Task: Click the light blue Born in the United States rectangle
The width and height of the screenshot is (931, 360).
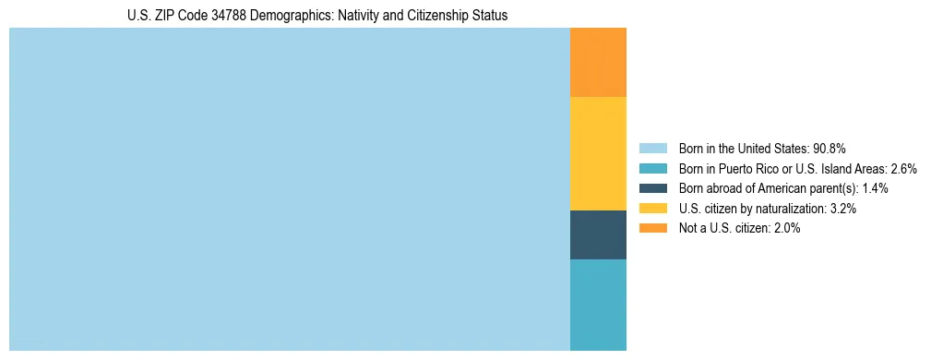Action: (x=290, y=189)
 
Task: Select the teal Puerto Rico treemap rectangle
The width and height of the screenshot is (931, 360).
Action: (x=598, y=305)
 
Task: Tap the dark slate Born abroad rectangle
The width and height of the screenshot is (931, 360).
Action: (x=598, y=234)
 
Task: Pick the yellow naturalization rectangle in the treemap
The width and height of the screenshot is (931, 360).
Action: (x=598, y=153)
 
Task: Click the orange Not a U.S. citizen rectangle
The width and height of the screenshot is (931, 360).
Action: (x=598, y=62)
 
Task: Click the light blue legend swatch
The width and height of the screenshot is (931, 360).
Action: (x=652, y=148)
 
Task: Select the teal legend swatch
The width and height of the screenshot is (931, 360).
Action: (x=652, y=168)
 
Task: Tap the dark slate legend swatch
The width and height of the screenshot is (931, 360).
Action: (x=652, y=188)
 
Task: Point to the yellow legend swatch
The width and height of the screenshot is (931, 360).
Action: (x=652, y=209)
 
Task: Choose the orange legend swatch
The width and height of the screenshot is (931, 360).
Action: (x=652, y=229)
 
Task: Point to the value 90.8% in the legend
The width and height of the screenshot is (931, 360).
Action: (x=830, y=148)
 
